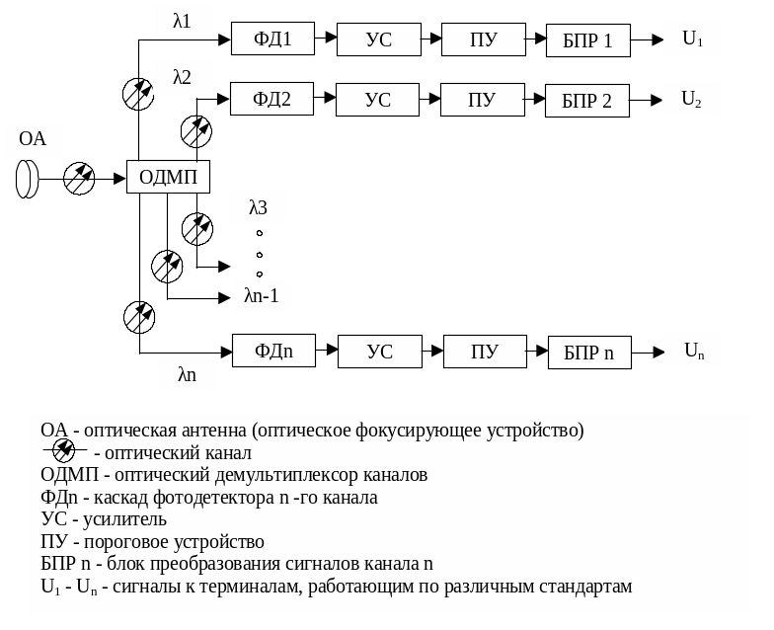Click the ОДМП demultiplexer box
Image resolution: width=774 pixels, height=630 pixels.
point(168,178)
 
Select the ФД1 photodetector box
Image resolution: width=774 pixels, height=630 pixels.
point(271,40)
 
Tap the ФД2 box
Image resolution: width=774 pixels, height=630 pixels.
point(271,100)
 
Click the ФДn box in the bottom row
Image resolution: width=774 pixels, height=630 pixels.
point(273,352)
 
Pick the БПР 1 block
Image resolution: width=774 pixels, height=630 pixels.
point(587,41)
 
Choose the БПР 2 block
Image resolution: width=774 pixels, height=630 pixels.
point(586,101)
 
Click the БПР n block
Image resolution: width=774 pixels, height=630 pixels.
point(589,353)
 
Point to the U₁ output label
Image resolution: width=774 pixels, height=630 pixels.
point(692,39)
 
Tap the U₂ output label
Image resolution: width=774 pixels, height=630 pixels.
point(692,99)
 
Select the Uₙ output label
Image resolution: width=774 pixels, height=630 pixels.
point(694,351)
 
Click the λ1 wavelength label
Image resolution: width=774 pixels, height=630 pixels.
point(182,20)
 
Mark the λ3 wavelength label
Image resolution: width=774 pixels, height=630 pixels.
point(258,207)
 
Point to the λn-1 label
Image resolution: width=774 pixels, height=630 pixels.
point(262,295)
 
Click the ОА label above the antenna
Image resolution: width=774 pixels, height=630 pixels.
point(33,139)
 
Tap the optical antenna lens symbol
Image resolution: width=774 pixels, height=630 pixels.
point(27,179)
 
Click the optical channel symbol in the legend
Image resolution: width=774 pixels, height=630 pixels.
point(63,452)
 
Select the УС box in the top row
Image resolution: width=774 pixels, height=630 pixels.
point(378,40)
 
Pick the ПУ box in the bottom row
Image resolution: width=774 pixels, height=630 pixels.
point(484,352)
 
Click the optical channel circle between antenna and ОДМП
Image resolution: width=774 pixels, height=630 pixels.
point(79,179)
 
